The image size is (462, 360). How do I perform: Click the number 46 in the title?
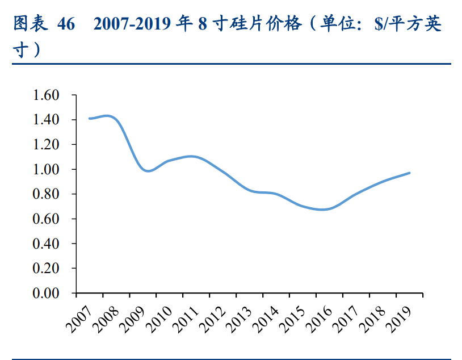[66, 24]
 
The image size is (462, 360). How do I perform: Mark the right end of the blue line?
[409, 173]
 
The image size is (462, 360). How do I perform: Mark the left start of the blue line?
[90, 118]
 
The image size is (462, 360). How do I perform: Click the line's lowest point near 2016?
[322, 210]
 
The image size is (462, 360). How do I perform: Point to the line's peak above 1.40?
[107, 116]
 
